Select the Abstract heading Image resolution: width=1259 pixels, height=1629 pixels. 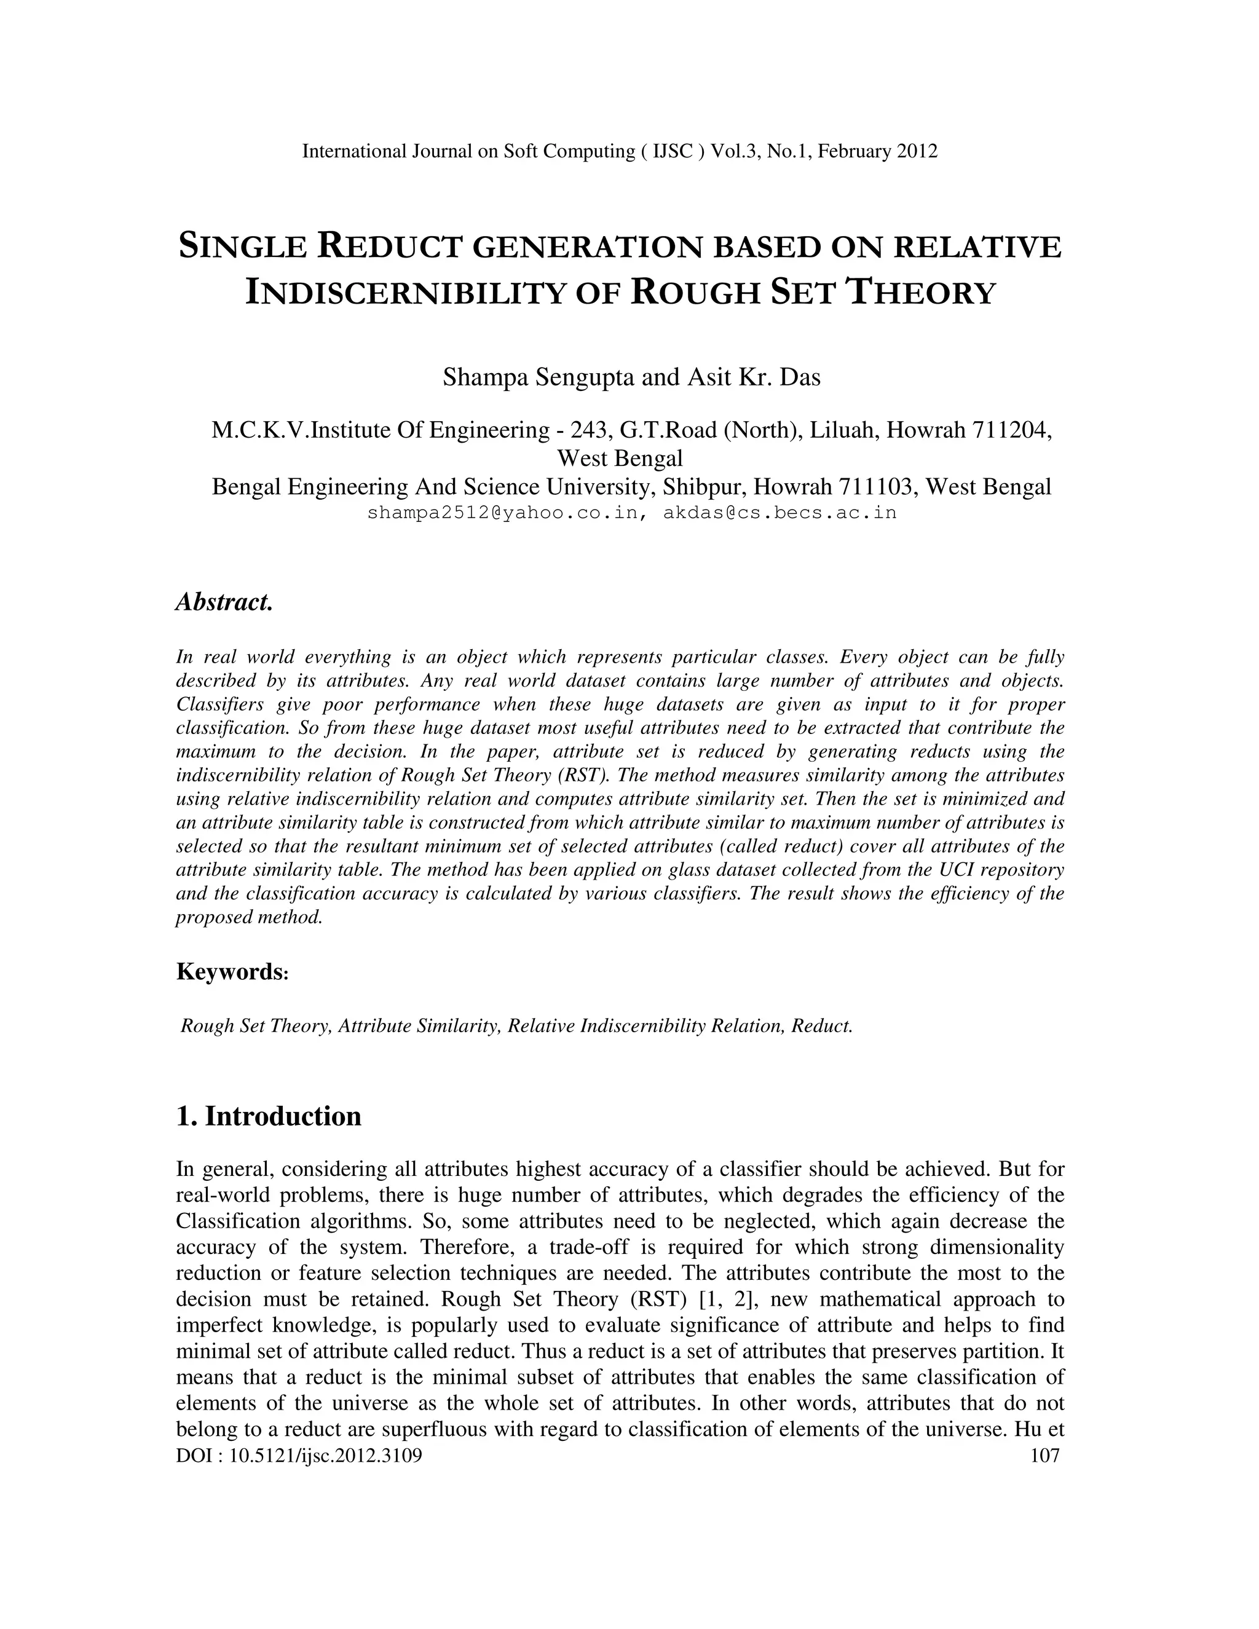tap(224, 602)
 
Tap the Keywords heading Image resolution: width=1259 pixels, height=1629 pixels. tap(231, 972)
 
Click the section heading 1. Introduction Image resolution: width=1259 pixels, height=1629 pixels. tap(269, 1116)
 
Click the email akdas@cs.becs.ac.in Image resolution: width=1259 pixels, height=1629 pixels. tap(779, 513)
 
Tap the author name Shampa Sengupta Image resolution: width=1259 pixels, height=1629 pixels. tap(539, 377)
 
